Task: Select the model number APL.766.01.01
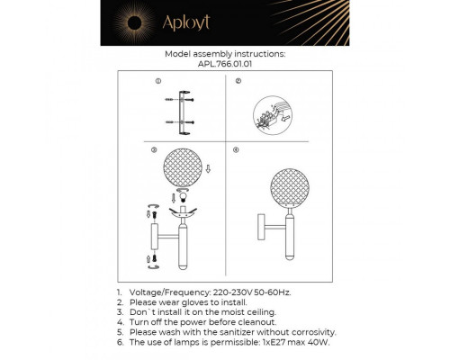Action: click(225, 64)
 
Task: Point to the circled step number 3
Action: click(156, 150)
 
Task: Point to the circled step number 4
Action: click(237, 150)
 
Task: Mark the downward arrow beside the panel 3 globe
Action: click(209, 167)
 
